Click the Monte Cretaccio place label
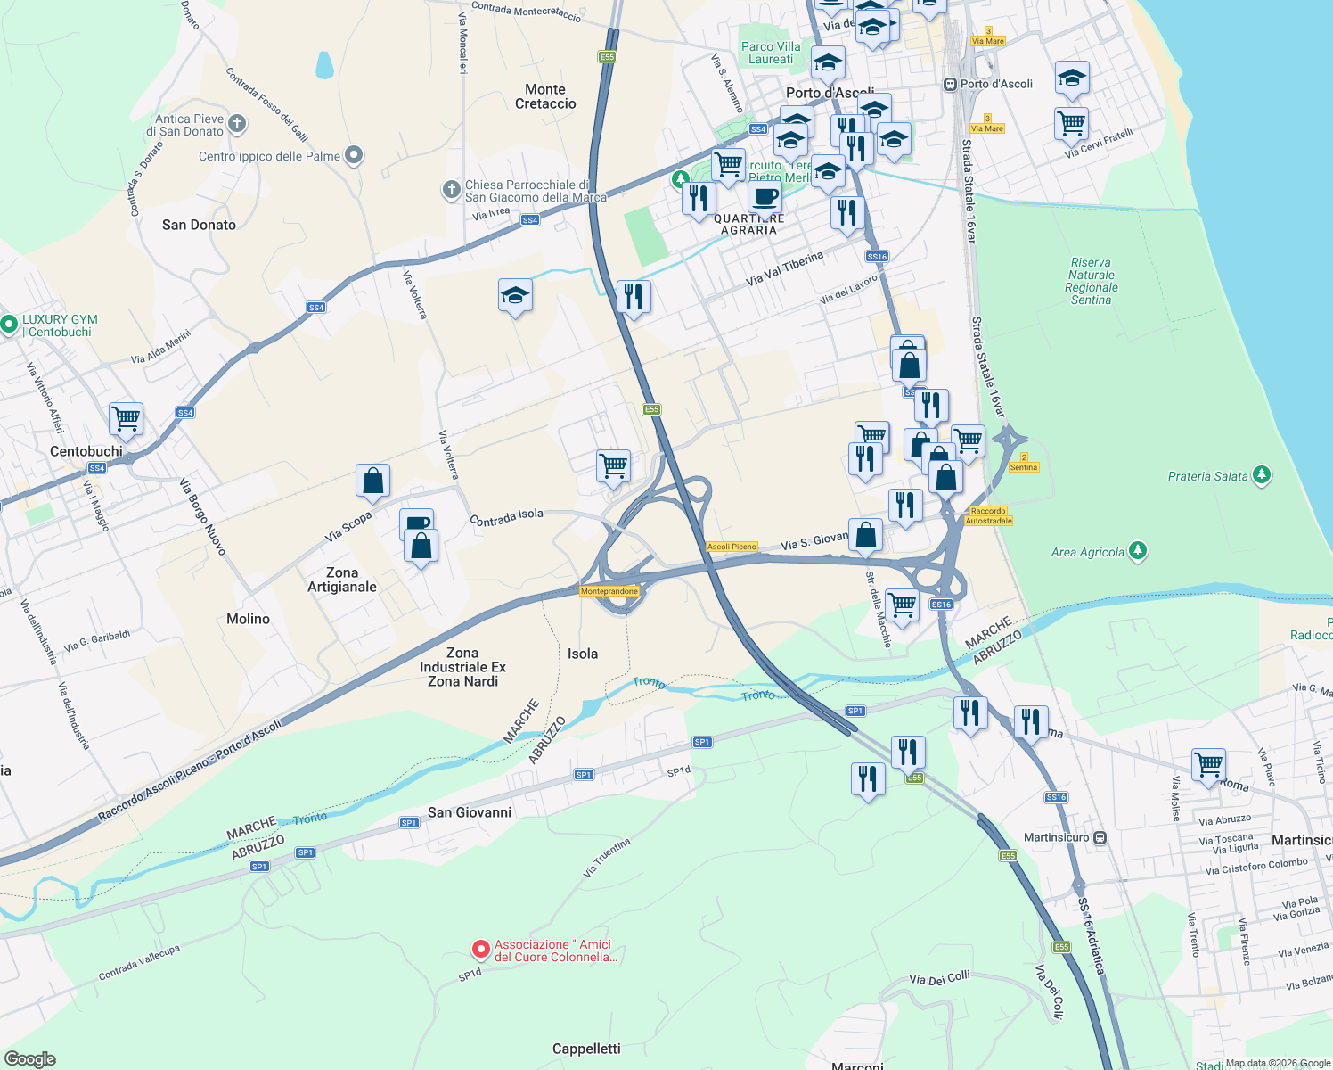click(545, 96)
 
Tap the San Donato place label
click(199, 225)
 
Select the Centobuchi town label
click(86, 451)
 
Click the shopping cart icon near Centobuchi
click(127, 417)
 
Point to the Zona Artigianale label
click(342, 580)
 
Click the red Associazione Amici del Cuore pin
click(481, 950)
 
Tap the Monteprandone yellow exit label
click(609, 591)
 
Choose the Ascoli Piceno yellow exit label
click(732, 547)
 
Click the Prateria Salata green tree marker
click(1261, 475)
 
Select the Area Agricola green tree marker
click(1137, 551)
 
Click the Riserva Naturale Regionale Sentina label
click(1091, 281)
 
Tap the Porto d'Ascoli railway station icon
click(950, 84)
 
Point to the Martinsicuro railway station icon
click(1100, 837)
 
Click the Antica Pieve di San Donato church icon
click(237, 124)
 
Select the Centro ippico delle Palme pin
click(354, 156)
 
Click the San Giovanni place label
click(470, 812)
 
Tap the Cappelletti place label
click(586, 1049)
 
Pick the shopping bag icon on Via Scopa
click(372, 481)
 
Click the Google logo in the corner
click(29, 1058)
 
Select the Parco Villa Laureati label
click(771, 53)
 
